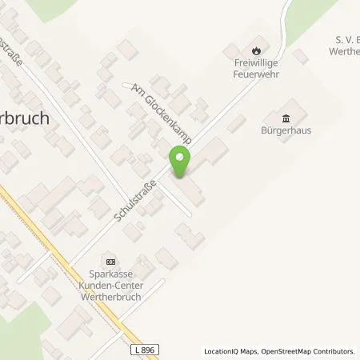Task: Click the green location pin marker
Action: pos(181,161)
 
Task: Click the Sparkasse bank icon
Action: pos(110,261)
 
